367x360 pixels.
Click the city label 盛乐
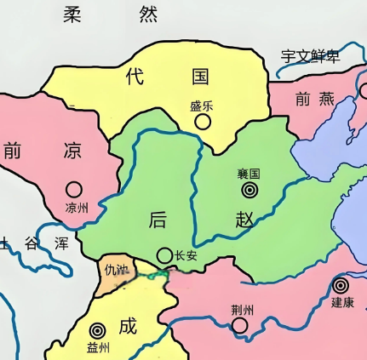202,106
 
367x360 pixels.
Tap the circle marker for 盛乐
203,122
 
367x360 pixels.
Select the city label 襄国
249,173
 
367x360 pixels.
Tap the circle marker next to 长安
164,254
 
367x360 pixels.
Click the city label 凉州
76,207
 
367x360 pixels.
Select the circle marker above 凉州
75,190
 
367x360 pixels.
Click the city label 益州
99,347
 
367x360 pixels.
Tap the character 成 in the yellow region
127,325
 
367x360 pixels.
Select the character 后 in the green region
158,219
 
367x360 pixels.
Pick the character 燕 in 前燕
327,99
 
